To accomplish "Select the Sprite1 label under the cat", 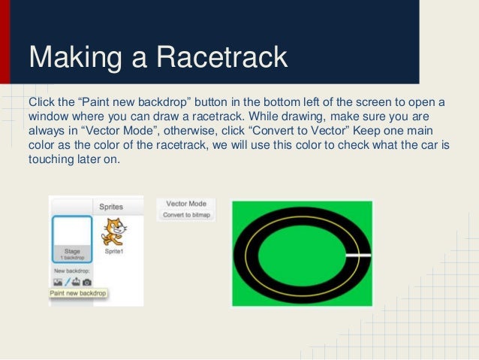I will pyautogui.click(x=113, y=252).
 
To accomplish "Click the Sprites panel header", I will pyautogui.click(x=110, y=206).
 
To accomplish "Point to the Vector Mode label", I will pyautogui.click(x=185, y=204).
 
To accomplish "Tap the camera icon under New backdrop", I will pyautogui.click(x=87, y=281).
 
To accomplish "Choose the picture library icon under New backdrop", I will pyautogui.click(x=57, y=281).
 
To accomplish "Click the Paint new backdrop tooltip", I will pyautogui.click(x=78, y=292).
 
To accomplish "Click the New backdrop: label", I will pyautogui.click(x=71, y=270).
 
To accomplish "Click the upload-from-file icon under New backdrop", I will pyautogui.click(x=76, y=281).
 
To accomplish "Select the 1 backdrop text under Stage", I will pyautogui.click(x=72, y=257).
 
